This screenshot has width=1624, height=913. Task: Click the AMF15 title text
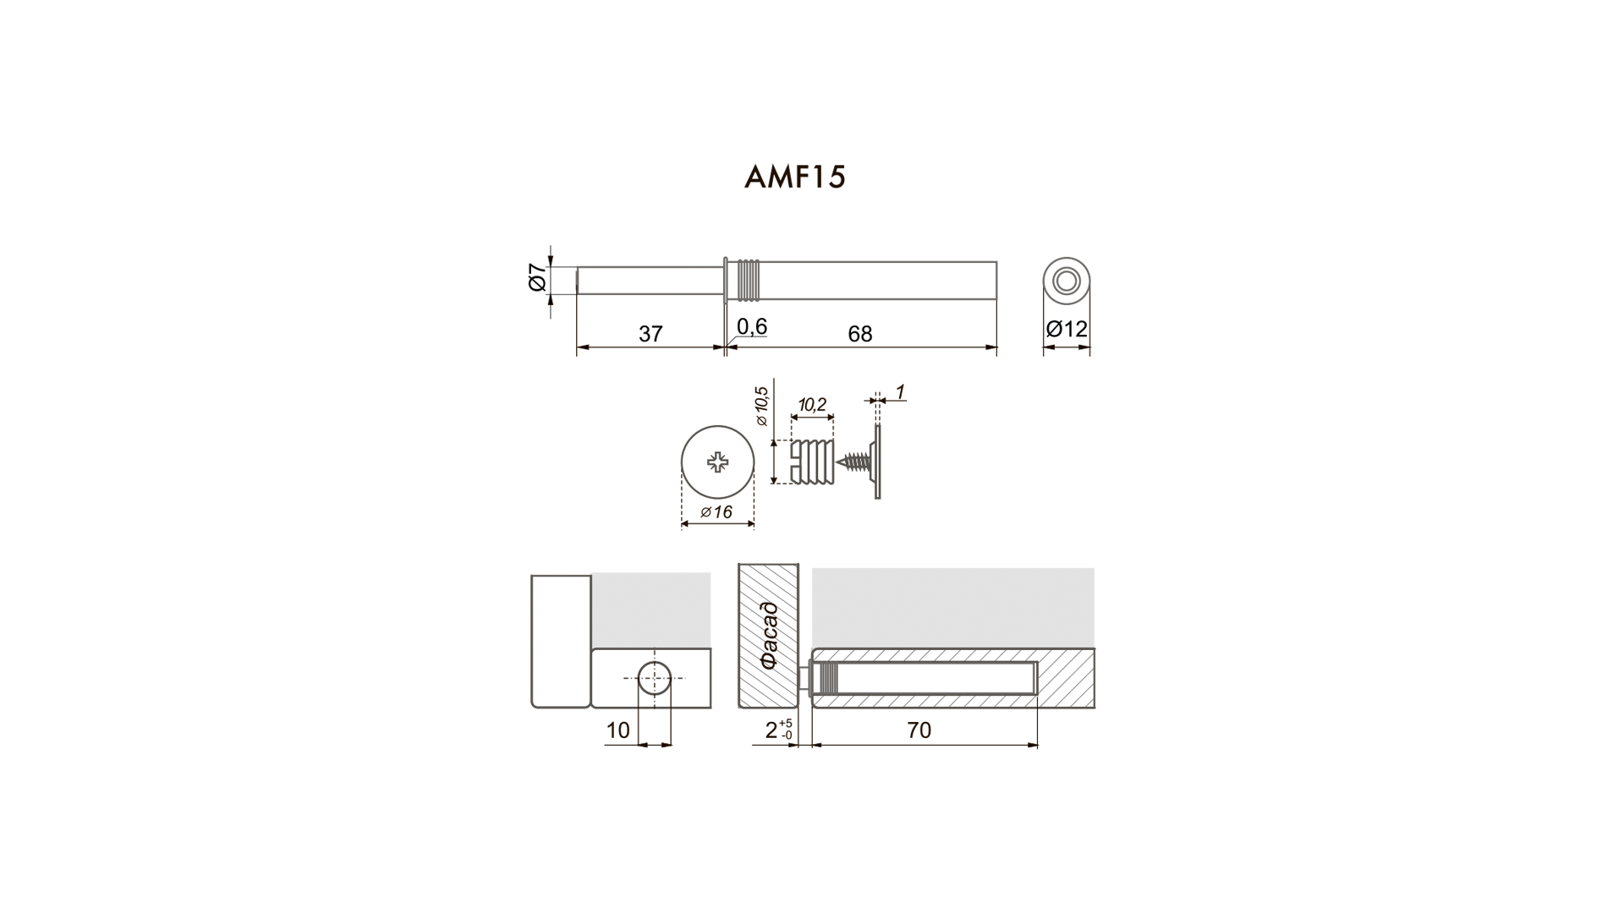pyautogui.click(x=794, y=177)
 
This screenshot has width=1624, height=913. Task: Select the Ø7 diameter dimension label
pyautogui.click(x=536, y=278)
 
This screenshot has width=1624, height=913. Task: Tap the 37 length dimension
pyautogui.click(x=650, y=334)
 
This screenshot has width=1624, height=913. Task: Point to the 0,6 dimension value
pyautogui.click(x=752, y=326)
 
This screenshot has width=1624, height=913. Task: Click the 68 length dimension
pyautogui.click(x=859, y=334)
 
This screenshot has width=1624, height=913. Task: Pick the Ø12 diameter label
pyautogui.click(x=1067, y=328)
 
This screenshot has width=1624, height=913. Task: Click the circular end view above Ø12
pyautogui.click(x=1066, y=280)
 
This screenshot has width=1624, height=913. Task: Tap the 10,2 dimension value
pyautogui.click(x=811, y=405)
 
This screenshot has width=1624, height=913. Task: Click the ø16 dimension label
pyautogui.click(x=716, y=511)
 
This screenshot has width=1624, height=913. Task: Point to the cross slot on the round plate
pyautogui.click(x=718, y=462)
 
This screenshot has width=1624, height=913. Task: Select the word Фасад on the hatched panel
pyautogui.click(x=768, y=635)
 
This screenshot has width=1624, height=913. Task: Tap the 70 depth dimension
pyautogui.click(x=919, y=730)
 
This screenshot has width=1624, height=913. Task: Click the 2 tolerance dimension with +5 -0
pyautogui.click(x=779, y=730)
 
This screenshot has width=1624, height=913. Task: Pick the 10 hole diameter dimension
pyautogui.click(x=618, y=730)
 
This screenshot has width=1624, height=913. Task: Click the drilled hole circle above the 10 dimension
pyautogui.click(x=654, y=678)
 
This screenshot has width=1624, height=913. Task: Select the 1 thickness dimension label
pyautogui.click(x=900, y=391)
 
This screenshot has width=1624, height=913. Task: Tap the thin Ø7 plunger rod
pyautogui.click(x=650, y=281)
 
